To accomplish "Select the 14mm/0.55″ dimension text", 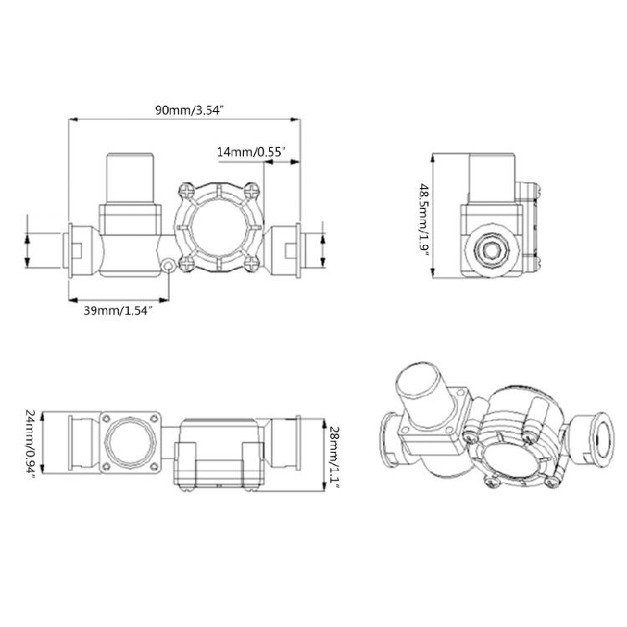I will point(252,151).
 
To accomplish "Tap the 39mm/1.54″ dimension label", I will point(117,311).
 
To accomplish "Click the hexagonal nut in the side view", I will point(491,248).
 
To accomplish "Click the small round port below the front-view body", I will point(170,266).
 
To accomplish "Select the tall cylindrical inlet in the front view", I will point(129,177).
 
